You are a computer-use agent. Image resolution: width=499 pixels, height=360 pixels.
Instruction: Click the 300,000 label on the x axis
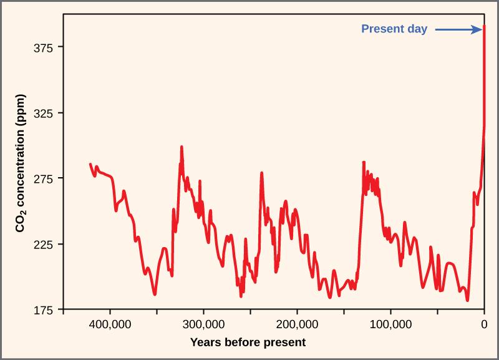(x=203, y=324)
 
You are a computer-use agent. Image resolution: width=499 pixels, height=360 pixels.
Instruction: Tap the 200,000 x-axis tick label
(x=297, y=324)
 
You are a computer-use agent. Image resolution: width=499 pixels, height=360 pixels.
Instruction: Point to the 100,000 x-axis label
(x=390, y=324)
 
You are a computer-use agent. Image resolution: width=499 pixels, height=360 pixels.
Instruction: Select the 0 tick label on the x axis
(x=484, y=324)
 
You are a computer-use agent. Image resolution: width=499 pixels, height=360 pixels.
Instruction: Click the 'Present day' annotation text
(x=395, y=29)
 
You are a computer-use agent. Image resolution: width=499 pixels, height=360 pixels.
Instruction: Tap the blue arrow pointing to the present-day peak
(x=457, y=29)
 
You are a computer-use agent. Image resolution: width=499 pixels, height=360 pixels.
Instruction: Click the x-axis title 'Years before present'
(x=248, y=342)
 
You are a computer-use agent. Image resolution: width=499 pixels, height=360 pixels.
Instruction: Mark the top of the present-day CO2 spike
(x=484, y=27)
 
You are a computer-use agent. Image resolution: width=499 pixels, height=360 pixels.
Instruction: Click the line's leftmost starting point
(x=90, y=164)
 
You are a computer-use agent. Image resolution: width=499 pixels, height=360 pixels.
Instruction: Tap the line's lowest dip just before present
(x=467, y=300)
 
